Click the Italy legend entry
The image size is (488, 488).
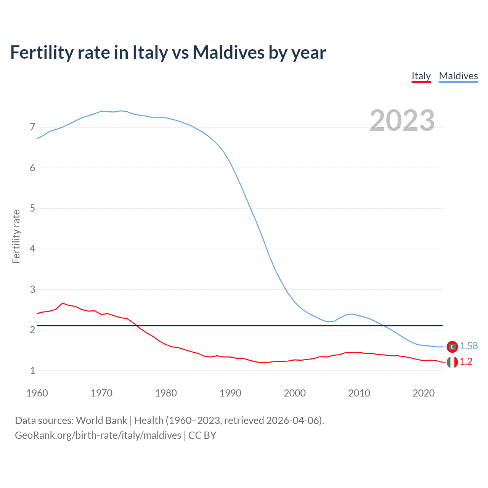pyautogui.click(x=421, y=76)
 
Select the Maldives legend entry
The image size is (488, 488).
pyautogui.click(x=458, y=76)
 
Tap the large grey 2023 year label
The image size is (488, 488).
pyautogui.click(x=402, y=120)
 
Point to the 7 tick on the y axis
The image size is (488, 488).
pyautogui.click(x=32, y=127)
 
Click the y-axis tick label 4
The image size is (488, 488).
pyautogui.click(x=32, y=249)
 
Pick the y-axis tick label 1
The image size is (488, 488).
pyautogui.click(x=32, y=371)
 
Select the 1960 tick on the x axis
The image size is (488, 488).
pyautogui.click(x=37, y=393)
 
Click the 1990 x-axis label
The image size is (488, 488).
pyautogui.click(x=230, y=393)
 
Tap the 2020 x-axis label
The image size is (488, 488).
pyautogui.click(x=424, y=393)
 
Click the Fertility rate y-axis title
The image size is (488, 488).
pyautogui.click(x=16, y=236)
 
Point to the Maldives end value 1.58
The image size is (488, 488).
pyautogui.click(x=469, y=346)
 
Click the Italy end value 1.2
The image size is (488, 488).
pyautogui.click(x=466, y=362)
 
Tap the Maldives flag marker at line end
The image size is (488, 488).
pyautogui.click(x=452, y=347)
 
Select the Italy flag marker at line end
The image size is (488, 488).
pyautogui.click(x=452, y=362)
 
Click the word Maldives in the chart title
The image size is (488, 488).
pyautogui.click(x=228, y=52)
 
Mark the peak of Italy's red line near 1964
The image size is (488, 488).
pyautogui.click(x=63, y=303)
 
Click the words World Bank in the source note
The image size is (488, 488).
pyautogui.click(x=101, y=421)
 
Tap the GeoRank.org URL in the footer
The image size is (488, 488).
pyautogui.click(x=98, y=435)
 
